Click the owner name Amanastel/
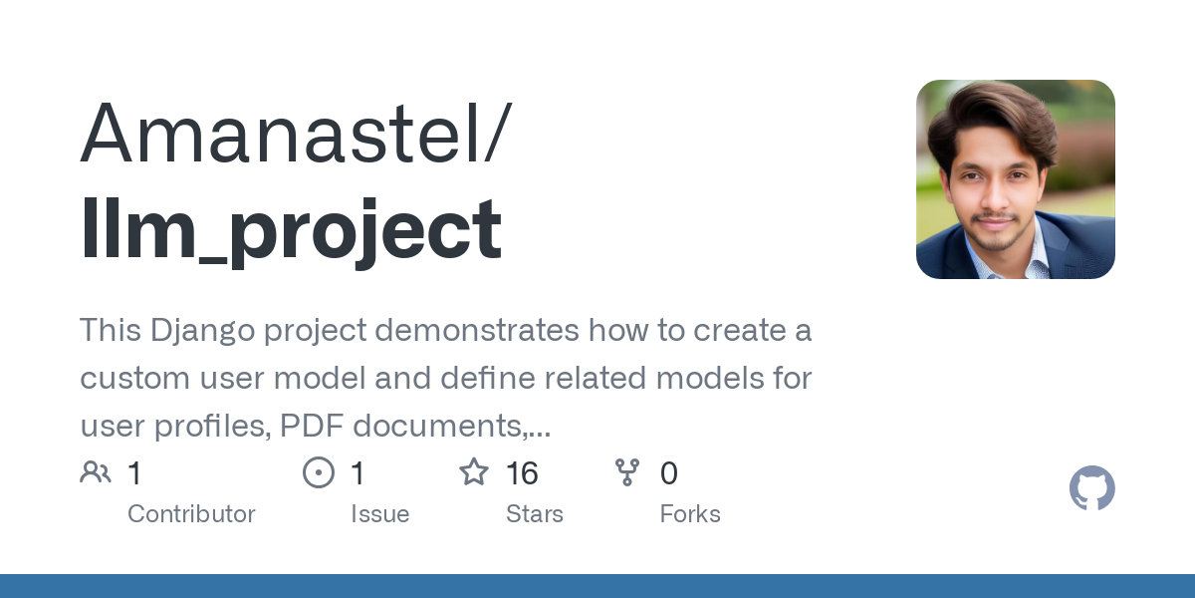[296, 134]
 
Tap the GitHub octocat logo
[1091, 488]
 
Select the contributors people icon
[96, 472]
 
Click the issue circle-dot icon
[318, 472]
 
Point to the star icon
[473, 472]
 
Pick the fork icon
[627, 472]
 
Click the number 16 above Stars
[522, 473]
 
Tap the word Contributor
[191, 514]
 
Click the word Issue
[379, 514]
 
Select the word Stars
[535, 514]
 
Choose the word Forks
[690, 514]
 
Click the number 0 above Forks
[669, 473]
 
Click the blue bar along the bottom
[597, 586]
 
